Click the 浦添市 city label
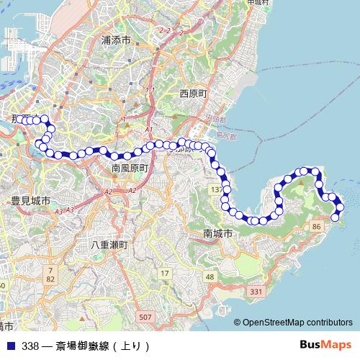tap(116, 41)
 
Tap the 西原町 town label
tap(193, 94)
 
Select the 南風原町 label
tap(130, 168)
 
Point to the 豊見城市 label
tap(30, 201)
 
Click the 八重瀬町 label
tap(109, 245)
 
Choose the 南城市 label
tap(218, 234)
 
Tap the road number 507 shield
tap(146, 317)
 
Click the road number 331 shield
tap(256, 292)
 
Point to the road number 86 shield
tap(315, 227)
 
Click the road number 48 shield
tap(210, 277)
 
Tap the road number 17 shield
tap(164, 273)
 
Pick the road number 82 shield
tap(50, 279)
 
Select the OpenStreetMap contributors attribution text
tap(298, 323)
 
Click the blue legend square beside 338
tap(9, 346)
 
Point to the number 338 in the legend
tap(30, 346)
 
